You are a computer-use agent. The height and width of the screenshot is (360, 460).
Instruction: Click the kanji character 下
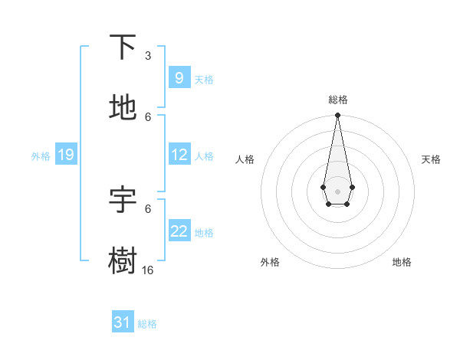tap(123, 47)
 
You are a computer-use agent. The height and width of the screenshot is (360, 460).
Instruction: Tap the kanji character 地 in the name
tap(123, 108)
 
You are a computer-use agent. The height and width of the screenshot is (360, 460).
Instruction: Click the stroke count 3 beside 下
tap(148, 55)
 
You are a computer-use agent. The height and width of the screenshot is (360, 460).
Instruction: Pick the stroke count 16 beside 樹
tap(147, 270)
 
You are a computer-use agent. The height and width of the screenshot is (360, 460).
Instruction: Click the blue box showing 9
tap(179, 78)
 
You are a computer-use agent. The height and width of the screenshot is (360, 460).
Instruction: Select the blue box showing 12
tap(179, 155)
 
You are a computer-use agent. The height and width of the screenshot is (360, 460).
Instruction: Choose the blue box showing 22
tap(179, 231)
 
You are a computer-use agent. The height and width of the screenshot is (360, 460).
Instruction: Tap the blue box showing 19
tap(65, 155)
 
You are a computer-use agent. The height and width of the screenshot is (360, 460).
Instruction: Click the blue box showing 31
tap(123, 322)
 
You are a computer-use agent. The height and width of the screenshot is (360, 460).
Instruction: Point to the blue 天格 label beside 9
tap(204, 79)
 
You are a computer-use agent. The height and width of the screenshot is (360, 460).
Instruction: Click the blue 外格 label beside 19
tap(41, 155)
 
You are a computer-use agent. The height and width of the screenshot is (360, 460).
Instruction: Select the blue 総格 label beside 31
tap(147, 324)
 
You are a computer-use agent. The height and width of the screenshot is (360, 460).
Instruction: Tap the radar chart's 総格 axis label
tap(337, 100)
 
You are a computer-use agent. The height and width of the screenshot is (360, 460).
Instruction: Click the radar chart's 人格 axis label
tap(245, 159)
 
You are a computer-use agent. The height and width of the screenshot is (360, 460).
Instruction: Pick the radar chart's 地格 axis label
tap(402, 262)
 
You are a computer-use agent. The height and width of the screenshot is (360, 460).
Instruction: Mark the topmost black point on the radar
tap(337, 116)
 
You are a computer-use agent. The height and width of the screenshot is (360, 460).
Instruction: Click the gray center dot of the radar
tap(337, 190)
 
